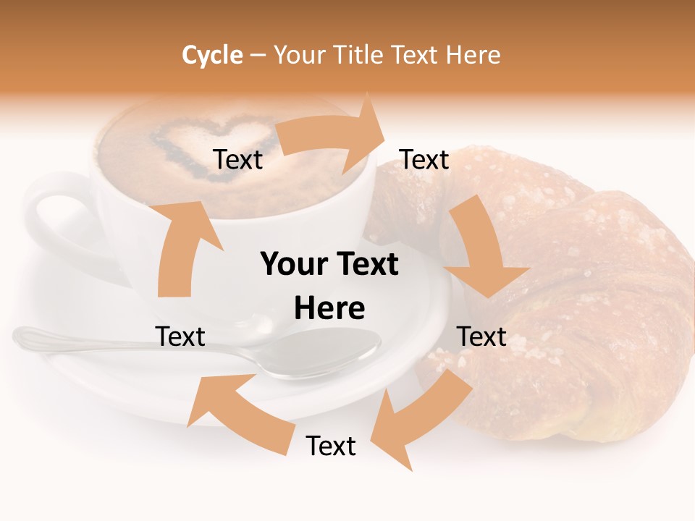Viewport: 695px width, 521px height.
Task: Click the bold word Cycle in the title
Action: tap(212, 55)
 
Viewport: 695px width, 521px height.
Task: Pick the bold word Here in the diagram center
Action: tap(329, 309)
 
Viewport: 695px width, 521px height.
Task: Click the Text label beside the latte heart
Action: tap(237, 160)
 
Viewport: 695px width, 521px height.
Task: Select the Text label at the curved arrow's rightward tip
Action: tap(424, 160)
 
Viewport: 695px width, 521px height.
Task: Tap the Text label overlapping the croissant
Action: tap(481, 337)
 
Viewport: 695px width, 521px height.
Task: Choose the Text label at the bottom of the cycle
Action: tap(331, 446)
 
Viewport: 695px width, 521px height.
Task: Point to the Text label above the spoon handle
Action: tap(180, 337)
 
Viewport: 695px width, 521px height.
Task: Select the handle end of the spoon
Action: tap(29, 335)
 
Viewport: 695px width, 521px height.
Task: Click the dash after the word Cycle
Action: tap(257, 55)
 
